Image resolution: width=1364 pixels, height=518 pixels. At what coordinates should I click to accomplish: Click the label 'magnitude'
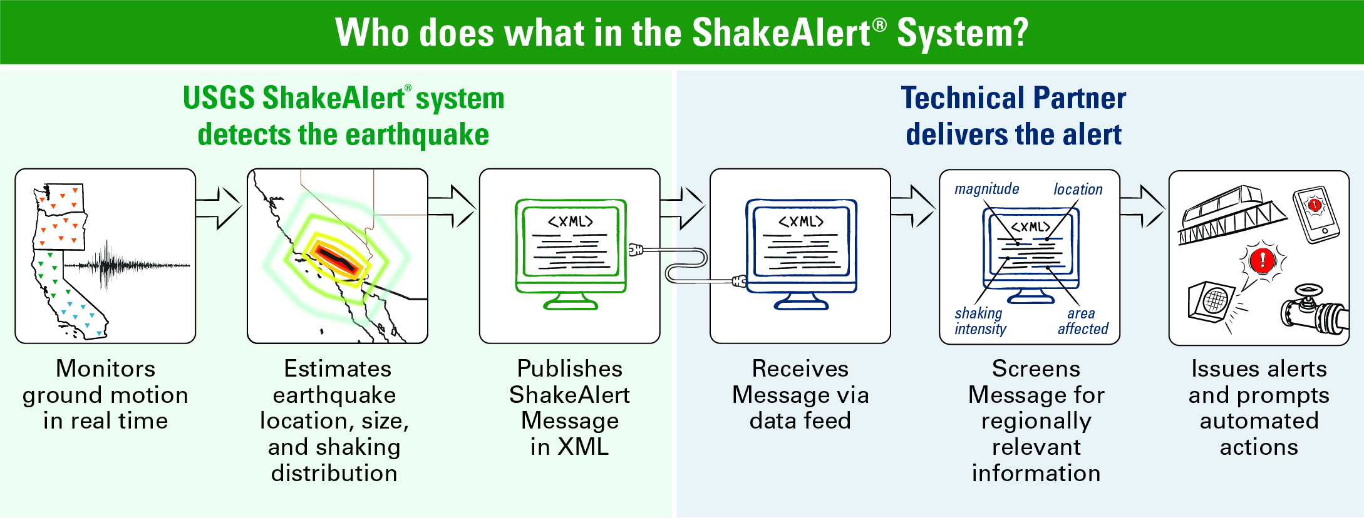pos(986,189)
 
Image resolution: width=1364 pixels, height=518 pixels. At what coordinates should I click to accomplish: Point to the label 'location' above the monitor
pos(1078,189)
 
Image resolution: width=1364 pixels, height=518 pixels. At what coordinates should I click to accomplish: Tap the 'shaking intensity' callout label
pos(980,321)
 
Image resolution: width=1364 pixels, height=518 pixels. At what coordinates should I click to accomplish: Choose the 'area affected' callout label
pos(1083,321)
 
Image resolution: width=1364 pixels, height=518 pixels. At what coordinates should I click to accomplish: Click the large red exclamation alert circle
pos(1262,259)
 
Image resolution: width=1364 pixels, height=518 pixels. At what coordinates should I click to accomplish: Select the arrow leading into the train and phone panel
pos(1143,207)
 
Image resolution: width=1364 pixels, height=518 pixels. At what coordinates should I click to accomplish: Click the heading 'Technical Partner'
pos(1013,98)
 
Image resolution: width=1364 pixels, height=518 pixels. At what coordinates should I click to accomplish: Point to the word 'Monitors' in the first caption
pos(105,368)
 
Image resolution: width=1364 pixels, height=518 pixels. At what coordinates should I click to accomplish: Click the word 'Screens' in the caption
pos(1036,368)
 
